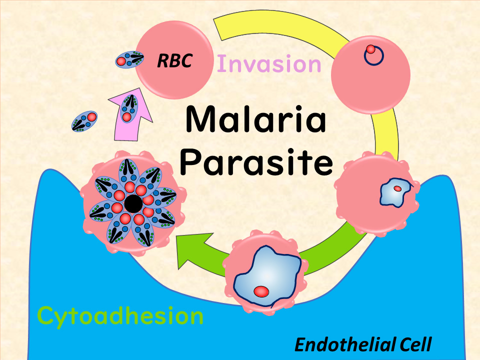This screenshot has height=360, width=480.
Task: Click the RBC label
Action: [174, 60]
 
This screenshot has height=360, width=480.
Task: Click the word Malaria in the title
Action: [255, 119]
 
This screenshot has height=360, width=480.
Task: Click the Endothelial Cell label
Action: [363, 344]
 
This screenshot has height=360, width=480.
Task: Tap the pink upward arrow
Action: [130, 114]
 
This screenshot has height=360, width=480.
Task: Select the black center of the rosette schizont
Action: [133, 203]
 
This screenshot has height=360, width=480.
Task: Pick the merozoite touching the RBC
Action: [129, 59]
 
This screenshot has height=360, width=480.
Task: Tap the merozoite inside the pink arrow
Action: [129, 108]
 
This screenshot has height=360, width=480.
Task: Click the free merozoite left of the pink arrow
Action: [84, 121]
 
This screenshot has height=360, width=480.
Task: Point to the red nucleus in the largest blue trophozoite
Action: [261, 291]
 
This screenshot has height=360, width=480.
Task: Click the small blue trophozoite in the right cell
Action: [396, 192]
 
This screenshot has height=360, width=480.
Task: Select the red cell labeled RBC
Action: [174, 60]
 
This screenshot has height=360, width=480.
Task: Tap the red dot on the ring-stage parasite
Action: [370, 49]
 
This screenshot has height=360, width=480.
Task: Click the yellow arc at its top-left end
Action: [217, 29]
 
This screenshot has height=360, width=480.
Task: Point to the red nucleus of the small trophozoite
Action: [397, 189]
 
